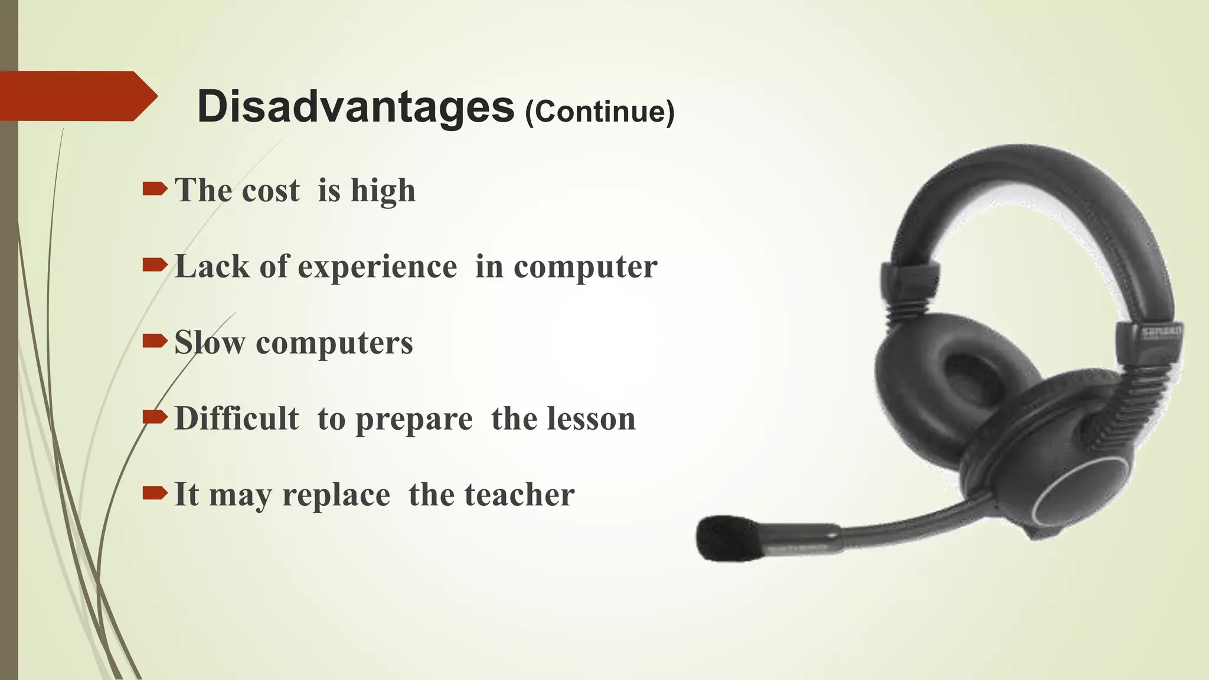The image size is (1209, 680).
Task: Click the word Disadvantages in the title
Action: (x=355, y=107)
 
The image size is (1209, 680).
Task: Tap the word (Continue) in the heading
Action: (x=600, y=112)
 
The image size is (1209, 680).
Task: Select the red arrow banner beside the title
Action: (x=77, y=96)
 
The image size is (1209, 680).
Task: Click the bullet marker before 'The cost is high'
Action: (x=155, y=189)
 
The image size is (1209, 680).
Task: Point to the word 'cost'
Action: (x=271, y=191)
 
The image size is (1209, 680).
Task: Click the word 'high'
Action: (x=383, y=191)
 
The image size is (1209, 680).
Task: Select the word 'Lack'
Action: (x=212, y=266)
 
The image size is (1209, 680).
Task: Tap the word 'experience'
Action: (x=377, y=267)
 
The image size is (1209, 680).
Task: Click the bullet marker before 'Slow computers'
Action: (x=155, y=341)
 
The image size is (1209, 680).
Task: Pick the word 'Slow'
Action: (x=210, y=342)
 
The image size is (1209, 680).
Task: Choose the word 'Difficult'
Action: (x=237, y=419)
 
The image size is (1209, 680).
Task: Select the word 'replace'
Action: (x=336, y=495)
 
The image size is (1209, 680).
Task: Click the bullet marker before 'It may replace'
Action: (x=155, y=493)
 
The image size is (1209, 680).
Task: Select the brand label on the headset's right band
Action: (x=1161, y=333)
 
